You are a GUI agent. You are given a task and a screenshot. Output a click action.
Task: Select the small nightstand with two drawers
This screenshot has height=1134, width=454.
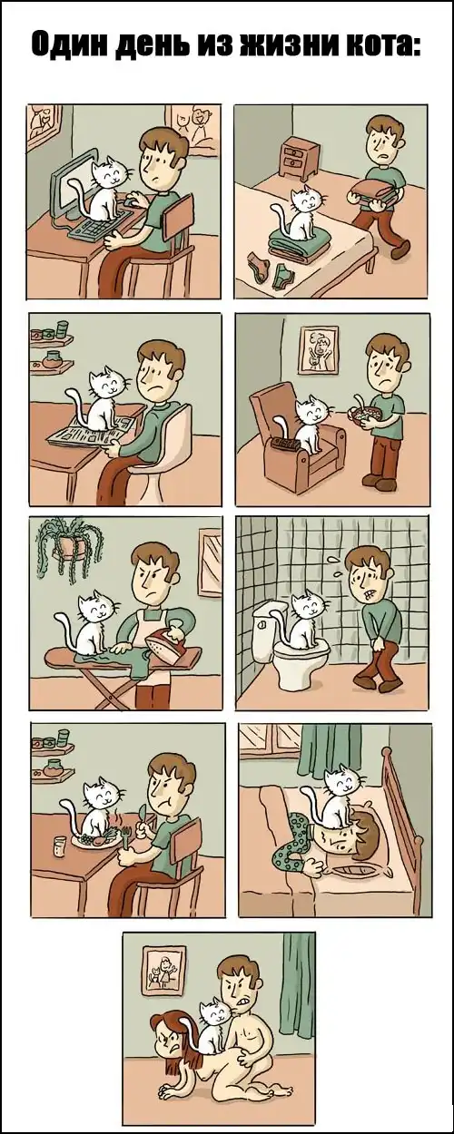[x=300, y=158]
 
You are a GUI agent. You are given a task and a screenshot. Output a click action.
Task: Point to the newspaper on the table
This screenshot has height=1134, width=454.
[x=91, y=429]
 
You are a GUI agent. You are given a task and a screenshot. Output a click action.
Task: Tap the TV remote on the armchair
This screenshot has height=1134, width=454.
[x=283, y=444]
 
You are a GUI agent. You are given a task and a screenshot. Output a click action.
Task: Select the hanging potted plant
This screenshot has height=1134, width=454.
[x=69, y=547]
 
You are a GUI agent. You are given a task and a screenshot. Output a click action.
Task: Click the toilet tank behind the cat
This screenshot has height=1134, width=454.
[x=267, y=626]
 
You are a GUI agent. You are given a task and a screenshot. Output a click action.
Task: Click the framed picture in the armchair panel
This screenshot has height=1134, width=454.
[x=319, y=349]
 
